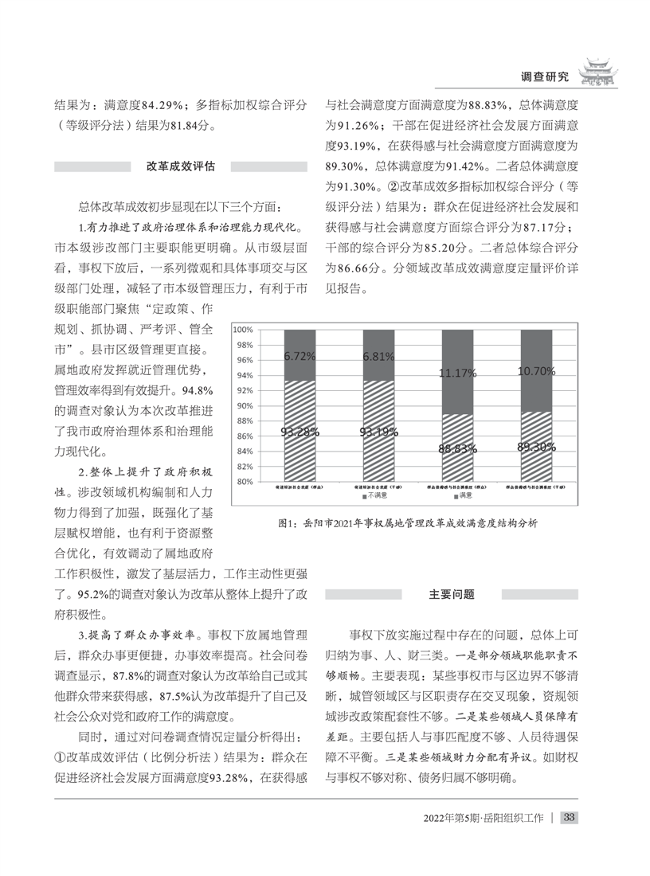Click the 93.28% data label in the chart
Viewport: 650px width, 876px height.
[300, 432]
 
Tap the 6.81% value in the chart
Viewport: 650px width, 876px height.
[378, 357]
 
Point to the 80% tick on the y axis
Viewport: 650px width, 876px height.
[244, 482]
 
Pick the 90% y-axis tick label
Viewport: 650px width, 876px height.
[244, 406]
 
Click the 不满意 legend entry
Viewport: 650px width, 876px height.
[374, 496]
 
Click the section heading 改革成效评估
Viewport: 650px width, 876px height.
[180, 166]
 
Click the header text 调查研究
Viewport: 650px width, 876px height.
[544, 77]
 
